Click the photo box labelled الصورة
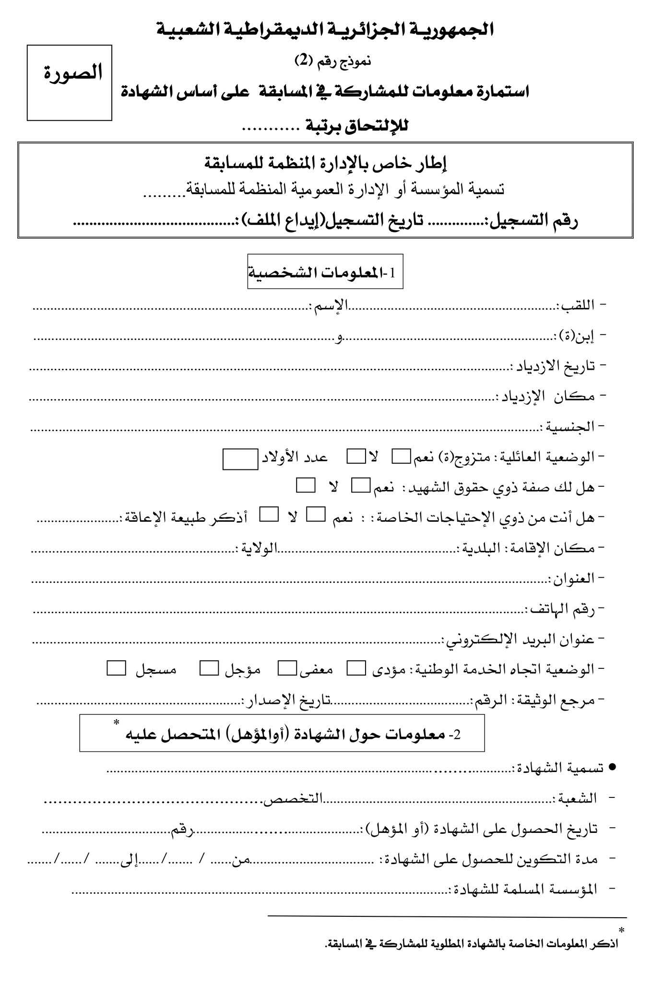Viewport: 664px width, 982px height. (70, 82)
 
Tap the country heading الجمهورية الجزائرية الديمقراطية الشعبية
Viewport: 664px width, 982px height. (325, 30)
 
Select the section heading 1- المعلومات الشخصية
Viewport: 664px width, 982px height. (325, 272)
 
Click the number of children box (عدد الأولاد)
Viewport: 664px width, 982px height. (240, 458)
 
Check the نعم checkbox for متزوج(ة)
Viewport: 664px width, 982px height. (402, 456)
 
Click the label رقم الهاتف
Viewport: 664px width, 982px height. (561, 609)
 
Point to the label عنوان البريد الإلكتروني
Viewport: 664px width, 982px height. (521, 639)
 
